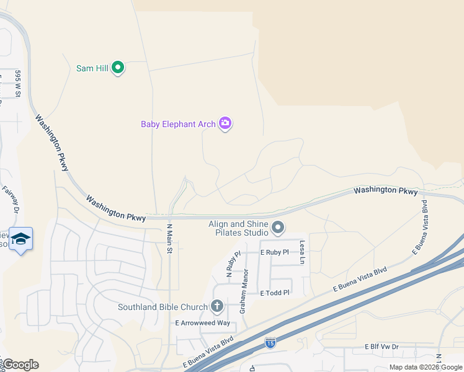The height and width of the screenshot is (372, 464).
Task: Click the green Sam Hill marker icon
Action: (118, 68)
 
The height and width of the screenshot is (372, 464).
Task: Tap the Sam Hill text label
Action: (92, 68)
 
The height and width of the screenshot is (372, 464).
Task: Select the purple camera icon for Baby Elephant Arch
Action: (225, 123)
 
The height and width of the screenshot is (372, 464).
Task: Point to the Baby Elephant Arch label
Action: (177, 124)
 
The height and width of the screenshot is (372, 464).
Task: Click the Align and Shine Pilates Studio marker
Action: (278, 228)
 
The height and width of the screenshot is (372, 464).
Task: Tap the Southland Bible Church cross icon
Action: (216, 306)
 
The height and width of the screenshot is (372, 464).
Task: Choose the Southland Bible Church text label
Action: (163, 307)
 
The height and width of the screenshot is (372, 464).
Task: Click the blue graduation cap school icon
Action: (20, 239)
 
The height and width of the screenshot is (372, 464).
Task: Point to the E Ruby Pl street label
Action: (275, 252)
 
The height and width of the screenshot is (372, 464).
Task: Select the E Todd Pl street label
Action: (275, 293)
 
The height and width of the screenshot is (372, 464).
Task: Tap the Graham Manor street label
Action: (245, 290)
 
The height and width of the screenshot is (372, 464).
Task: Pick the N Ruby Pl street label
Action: (229, 265)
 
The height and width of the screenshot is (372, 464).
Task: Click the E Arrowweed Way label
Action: (202, 323)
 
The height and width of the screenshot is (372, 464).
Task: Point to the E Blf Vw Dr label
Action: (381, 347)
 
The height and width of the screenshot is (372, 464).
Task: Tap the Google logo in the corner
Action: (20, 365)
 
